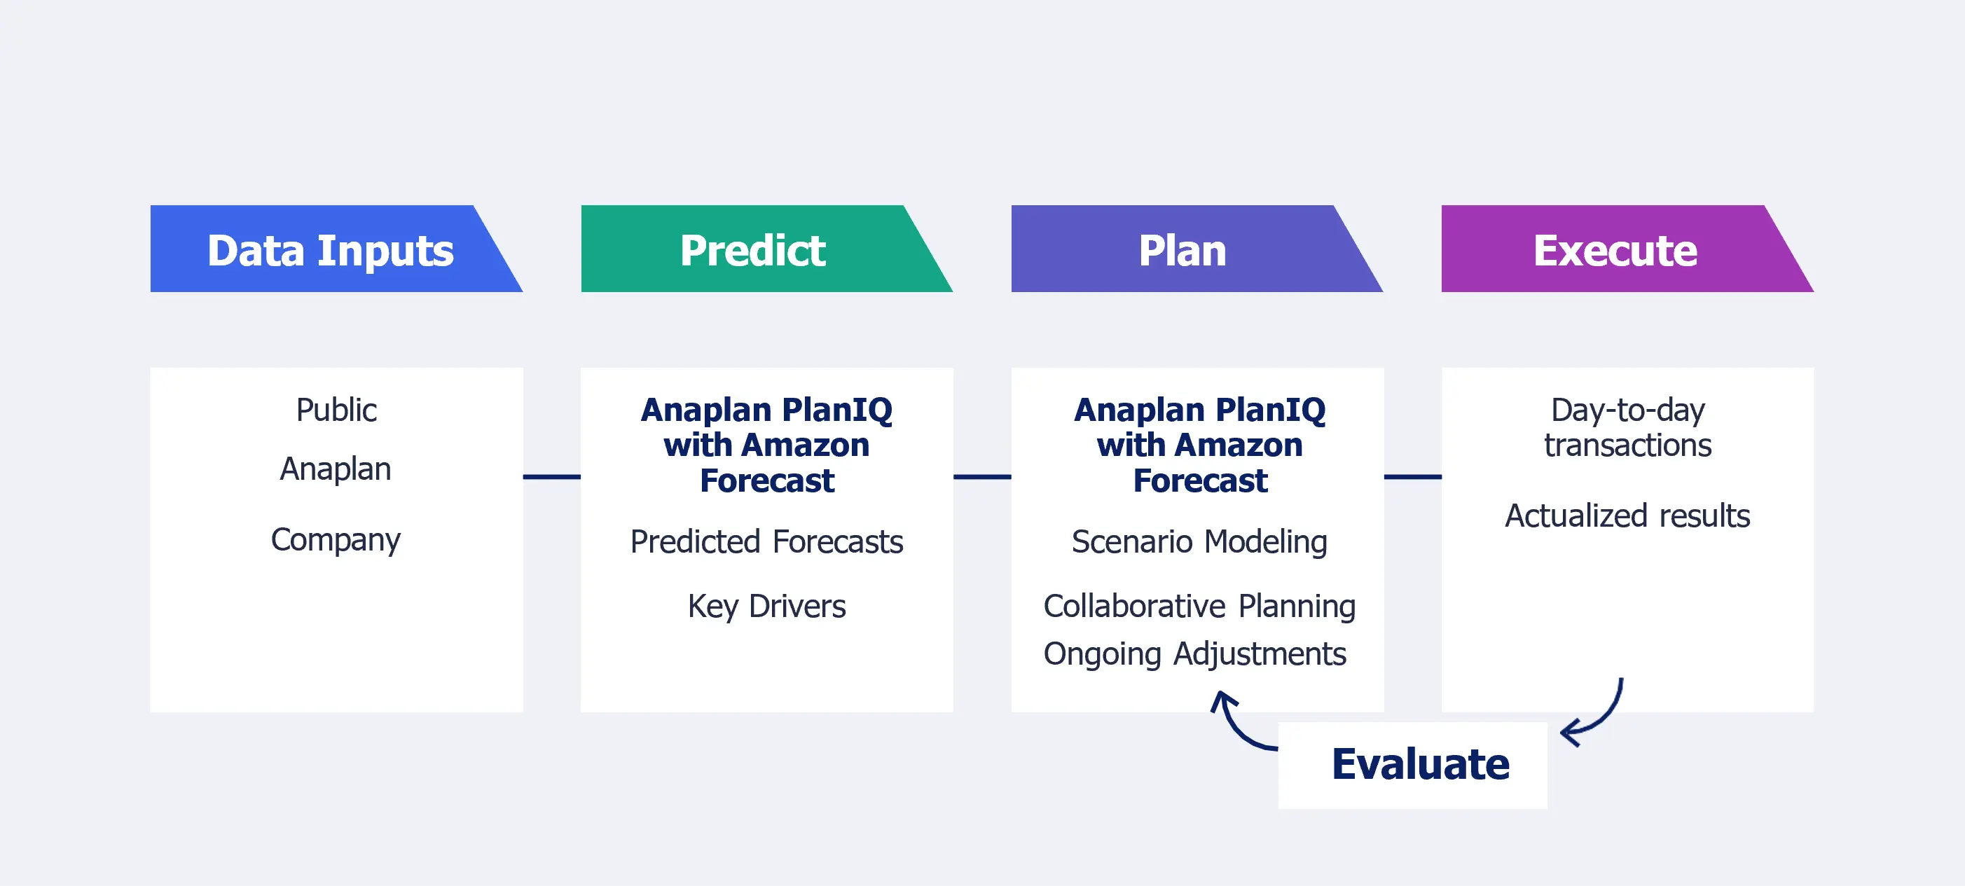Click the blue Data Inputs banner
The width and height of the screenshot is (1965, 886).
[x=329, y=250]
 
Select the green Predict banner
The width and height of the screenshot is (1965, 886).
[x=753, y=250]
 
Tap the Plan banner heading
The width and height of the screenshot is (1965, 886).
[x=1183, y=250]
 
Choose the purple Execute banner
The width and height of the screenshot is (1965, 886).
[x=1615, y=250]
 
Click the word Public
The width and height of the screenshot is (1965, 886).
[x=336, y=410]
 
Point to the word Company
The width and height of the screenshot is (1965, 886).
[x=336, y=540]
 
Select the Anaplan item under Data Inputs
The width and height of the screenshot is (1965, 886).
[x=336, y=469]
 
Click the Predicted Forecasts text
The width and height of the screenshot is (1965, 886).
[x=766, y=542]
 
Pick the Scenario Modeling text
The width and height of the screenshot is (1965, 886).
[x=1199, y=542]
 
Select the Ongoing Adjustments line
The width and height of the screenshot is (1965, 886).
[x=1194, y=654]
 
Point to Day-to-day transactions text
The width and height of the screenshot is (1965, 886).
[x=1627, y=428]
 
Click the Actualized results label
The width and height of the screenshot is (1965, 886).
[x=1627, y=516]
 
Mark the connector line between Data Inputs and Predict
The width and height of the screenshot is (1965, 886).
[x=551, y=476]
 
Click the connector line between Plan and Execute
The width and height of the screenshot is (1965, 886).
[x=1413, y=476]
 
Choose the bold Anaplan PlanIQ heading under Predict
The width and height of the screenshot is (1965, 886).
[x=766, y=445]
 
